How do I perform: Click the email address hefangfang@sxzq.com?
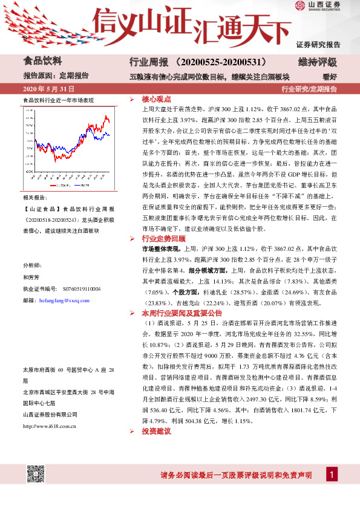63,299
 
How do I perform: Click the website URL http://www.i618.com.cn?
49,409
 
